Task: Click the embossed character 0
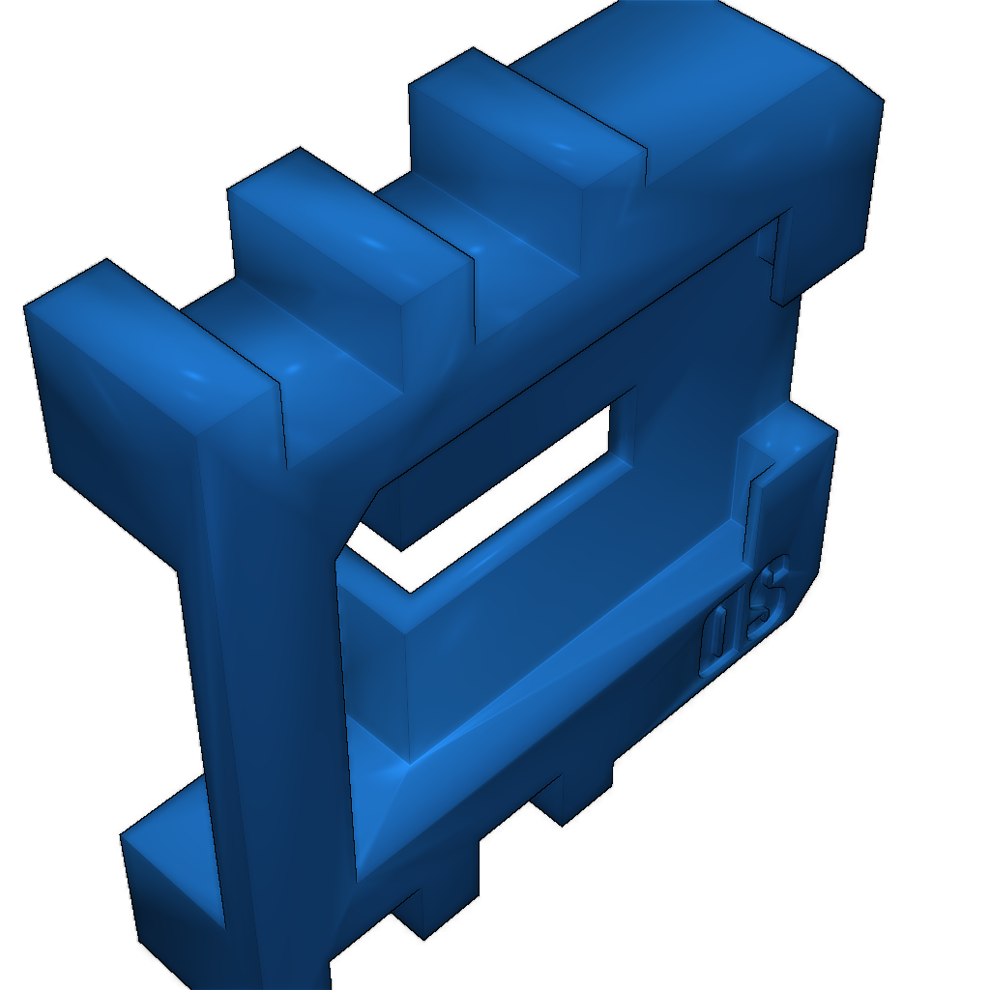pos(720,641)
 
